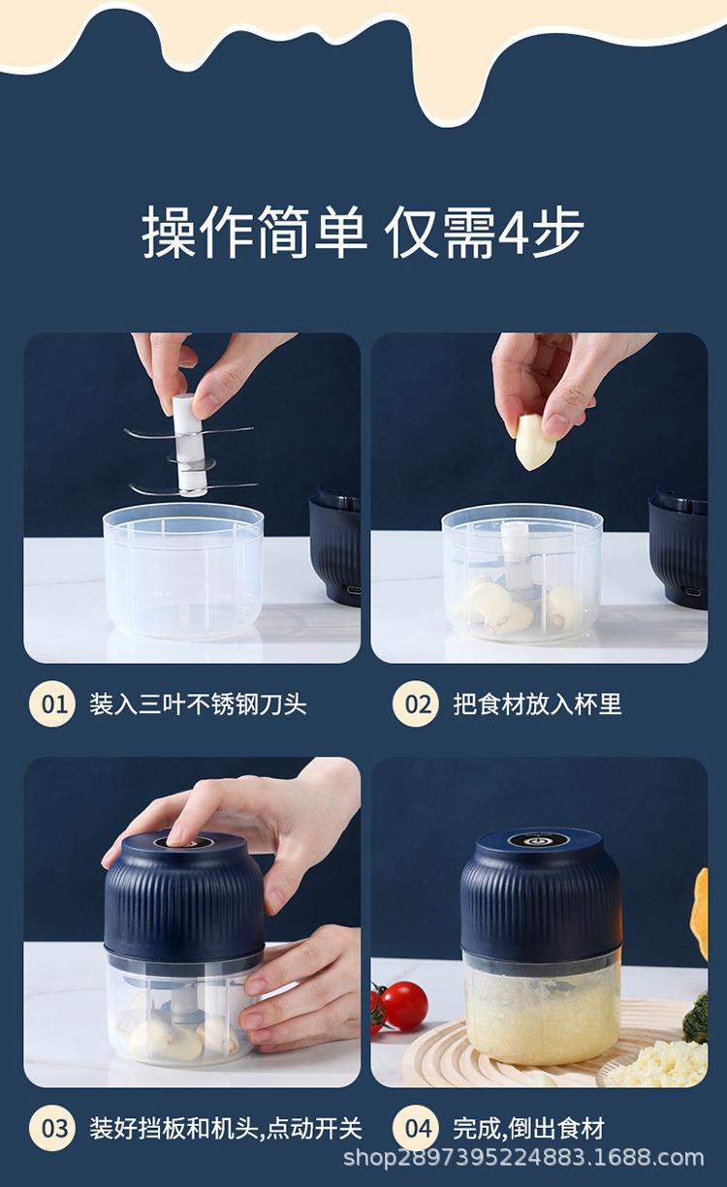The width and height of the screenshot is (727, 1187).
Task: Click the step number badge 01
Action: point(52,704)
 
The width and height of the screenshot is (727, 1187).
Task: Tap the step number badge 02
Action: point(415,704)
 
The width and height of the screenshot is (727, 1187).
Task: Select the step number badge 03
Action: point(52,1129)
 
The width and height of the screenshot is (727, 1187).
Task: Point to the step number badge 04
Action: point(415,1129)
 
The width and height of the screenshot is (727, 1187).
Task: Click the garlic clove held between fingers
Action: point(535,442)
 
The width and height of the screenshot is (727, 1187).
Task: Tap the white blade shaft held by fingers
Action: point(189,445)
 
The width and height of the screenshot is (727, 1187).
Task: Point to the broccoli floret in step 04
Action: point(696,1018)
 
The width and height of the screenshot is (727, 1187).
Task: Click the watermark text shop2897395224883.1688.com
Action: point(523,1157)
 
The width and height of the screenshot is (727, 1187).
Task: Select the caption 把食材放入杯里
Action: point(537,704)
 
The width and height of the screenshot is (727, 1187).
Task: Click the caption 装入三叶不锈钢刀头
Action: point(198,704)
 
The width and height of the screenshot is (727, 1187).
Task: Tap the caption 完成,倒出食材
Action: point(528,1129)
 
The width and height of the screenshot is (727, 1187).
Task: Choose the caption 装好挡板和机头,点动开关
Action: point(225,1129)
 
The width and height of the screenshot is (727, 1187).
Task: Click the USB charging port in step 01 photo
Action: point(354,589)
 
